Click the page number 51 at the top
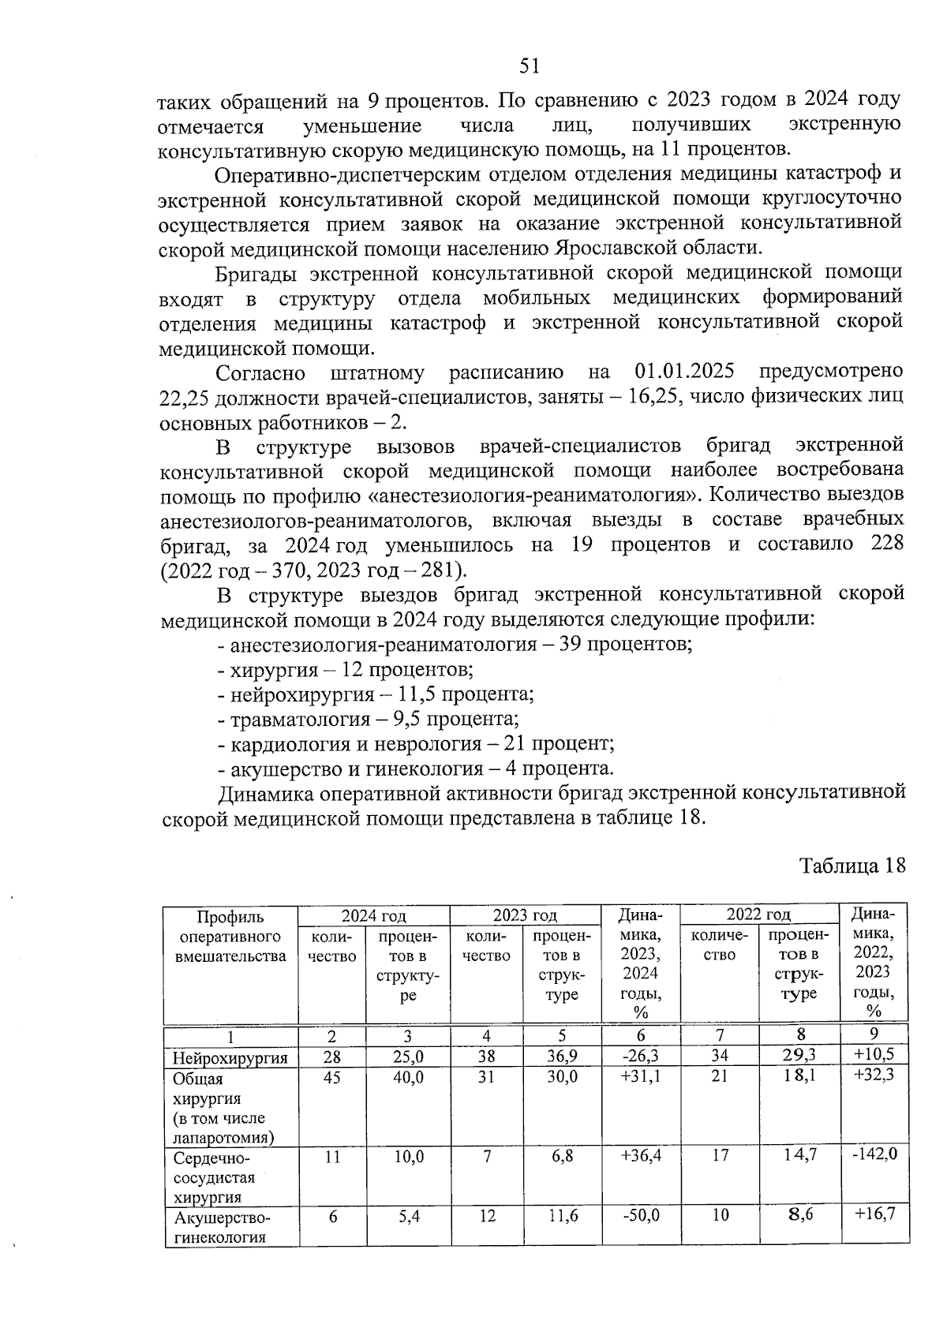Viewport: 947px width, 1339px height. coord(530,65)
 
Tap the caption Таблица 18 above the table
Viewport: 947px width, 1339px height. coord(852,866)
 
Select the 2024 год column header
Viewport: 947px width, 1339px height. coord(373,915)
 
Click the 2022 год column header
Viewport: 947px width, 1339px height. coord(758,914)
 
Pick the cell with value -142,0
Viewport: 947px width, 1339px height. coord(874,1154)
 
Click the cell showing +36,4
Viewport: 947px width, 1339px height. coord(640,1156)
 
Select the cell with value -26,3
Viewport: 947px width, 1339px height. coord(640,1056)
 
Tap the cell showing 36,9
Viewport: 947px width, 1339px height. coord(562,1056)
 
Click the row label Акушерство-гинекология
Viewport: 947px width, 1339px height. coord(222,1227)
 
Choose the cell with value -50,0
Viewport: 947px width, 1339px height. coord(640,1216)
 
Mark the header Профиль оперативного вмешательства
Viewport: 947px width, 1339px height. coord(230,937)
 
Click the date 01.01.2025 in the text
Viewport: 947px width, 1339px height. coord(684,371)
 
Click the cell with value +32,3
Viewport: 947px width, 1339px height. coord(874,1075)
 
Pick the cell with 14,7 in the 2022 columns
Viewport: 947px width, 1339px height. coord(799,1155)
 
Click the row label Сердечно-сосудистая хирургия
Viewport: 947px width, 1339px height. coord(214,1177)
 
